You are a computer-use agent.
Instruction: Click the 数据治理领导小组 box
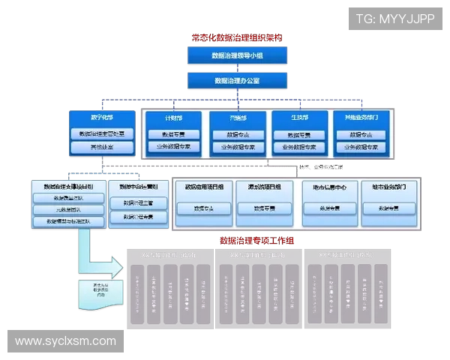click(236, 55)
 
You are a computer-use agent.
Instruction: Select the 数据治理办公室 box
click(236, 80)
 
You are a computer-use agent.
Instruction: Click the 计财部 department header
click(173, 118)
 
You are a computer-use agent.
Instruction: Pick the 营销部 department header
click(237, 118)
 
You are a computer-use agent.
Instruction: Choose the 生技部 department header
click(301, 118)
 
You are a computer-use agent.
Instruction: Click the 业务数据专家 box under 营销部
click(237, 147)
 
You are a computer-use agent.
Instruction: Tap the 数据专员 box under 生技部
click(301, 135)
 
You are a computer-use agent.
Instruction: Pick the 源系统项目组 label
click(263, 187)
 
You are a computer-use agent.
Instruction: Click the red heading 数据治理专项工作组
click(256, 241)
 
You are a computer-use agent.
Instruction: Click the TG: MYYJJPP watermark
click(394, 19)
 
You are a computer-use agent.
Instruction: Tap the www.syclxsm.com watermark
click(66, 341)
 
